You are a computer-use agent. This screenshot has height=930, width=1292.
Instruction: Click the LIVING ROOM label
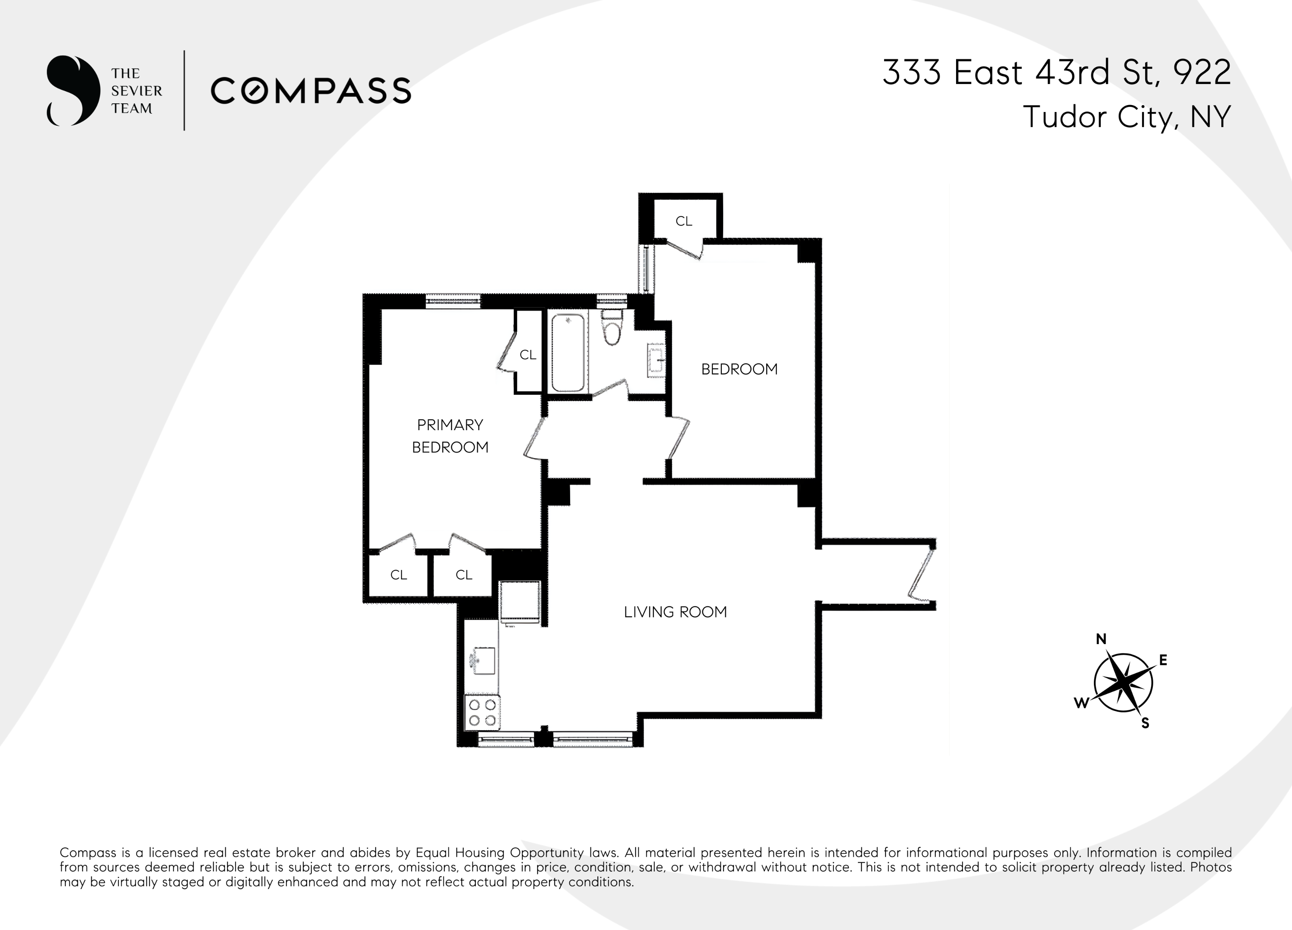(x=675, y=612)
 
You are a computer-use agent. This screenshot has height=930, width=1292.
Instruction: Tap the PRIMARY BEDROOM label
(x=450, y=436)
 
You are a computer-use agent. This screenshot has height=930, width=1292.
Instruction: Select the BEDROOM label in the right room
(x=739, y=369)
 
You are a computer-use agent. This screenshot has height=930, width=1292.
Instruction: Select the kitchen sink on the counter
(x=482, y=660)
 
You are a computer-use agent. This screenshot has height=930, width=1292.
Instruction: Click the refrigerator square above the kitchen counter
(x=519, y=602)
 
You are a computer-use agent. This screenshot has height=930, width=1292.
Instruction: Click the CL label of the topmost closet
(x=683, y=221)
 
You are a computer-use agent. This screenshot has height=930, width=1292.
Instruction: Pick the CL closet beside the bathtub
(x=528, y=355)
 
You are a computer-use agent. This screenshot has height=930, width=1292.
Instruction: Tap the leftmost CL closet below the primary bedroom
(x=398, y=575)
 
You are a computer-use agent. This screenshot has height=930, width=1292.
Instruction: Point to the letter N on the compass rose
(x=1101, y=639)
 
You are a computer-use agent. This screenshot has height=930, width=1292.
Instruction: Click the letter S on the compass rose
(x=1145, y=724)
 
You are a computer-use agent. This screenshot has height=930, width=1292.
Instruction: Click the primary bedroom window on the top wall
(x=453, y=301)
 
